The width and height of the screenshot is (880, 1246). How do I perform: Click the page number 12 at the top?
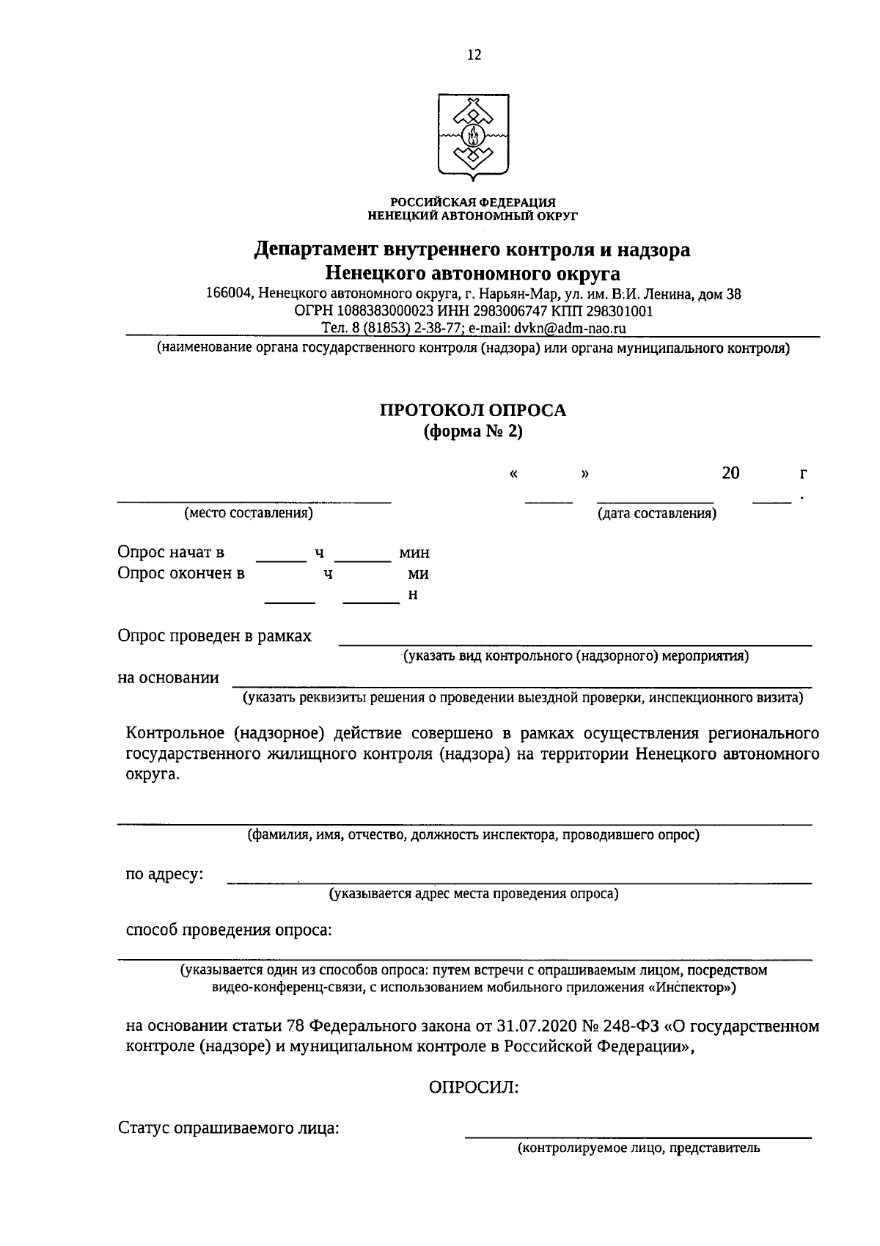click(473, 56)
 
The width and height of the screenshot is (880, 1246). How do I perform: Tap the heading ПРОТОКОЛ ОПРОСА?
click(472, 410)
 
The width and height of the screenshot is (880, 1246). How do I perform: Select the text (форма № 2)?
click(472, 431)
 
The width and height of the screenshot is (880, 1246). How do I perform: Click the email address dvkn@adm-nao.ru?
click(570, 328)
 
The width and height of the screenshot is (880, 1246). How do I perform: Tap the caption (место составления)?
click(249, 513)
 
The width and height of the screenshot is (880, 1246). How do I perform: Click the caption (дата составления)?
click(657, 513)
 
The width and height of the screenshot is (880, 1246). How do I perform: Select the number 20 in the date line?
click(730, 473)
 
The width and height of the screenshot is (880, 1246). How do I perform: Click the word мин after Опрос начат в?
click(414, 553)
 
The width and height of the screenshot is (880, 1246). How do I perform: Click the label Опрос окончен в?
click(181, 573)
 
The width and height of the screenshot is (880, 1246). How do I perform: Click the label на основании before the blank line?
click(168, 677)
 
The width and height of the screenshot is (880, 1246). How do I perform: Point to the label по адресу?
click(165, 875)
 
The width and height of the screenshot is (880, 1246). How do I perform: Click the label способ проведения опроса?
click(229, 930)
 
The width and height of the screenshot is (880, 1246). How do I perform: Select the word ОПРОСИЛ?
click(473, 1087)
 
